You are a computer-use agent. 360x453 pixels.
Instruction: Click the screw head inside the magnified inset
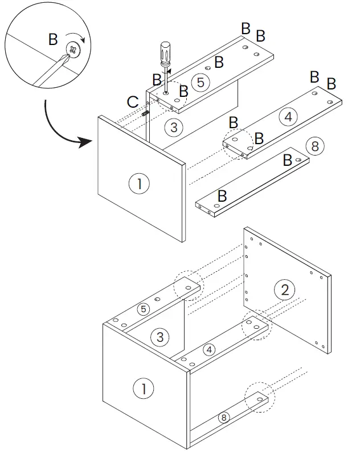pos(73,51)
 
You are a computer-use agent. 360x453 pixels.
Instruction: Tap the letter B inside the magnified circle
pos(53,39)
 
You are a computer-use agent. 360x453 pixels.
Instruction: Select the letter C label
pos(133,102)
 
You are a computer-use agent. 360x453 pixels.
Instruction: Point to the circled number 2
pos(285,289)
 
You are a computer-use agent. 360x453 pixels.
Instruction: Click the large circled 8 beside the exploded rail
pos(314,146)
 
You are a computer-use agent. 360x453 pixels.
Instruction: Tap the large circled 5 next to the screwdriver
pos(199,81)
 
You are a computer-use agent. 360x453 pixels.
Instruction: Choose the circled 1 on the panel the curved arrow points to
pos(138,184)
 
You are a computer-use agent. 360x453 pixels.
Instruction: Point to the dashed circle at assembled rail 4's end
pos(257,326)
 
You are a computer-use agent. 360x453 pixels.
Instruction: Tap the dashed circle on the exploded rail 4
pos(238,143)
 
